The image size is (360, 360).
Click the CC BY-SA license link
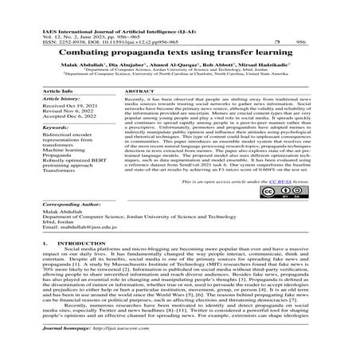[x=284, y=205]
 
